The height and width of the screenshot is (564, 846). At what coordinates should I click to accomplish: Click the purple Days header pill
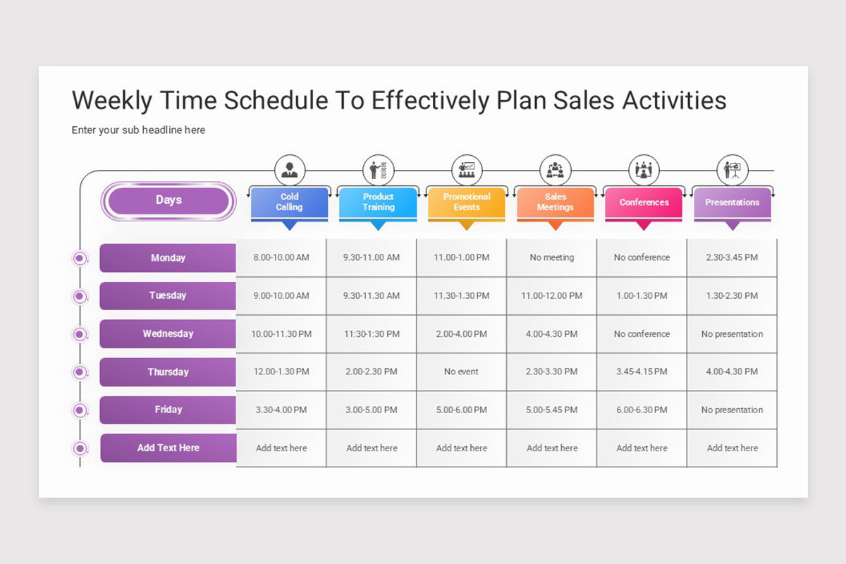(x=168, y=201)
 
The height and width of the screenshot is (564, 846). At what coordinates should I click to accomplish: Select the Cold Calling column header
(x=289, y=203)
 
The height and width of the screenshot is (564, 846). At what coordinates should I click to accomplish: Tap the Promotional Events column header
(x=467, y=203)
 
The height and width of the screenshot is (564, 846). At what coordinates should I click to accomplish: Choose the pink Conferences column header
(x=644, y=203)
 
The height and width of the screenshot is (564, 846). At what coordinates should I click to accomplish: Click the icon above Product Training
(x=378, y=171)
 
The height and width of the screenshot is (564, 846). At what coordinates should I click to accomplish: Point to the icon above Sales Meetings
(x=556, y=171)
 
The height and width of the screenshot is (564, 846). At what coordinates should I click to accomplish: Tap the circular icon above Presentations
(x=732, y=171)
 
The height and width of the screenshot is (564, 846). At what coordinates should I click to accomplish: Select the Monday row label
(x=168, y=258)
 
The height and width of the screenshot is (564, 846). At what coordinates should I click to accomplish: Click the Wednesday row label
(x=168, y=334)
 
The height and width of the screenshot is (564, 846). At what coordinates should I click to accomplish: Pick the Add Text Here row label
(x=168, y=448)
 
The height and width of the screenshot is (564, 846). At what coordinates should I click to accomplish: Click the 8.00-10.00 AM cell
(x=281, y=257)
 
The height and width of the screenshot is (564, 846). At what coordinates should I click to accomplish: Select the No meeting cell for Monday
(x=552, y=257)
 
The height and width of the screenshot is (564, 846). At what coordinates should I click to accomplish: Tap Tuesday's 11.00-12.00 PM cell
(x=552, y=296)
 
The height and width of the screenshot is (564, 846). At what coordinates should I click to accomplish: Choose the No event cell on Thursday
(x=462, y=372)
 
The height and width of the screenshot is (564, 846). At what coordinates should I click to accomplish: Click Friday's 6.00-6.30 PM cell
(x=642, y=410)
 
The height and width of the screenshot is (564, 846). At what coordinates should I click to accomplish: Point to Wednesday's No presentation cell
(x=732, y=334)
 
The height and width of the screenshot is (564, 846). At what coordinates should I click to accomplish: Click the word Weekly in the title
(x=112, y=101)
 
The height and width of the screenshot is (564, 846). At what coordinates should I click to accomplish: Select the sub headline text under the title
(x=138, y=130)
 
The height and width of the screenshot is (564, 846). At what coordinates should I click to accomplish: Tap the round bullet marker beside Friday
(x=80, y=410)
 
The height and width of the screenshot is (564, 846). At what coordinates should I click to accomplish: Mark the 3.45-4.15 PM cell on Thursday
(x=642, y=372)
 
